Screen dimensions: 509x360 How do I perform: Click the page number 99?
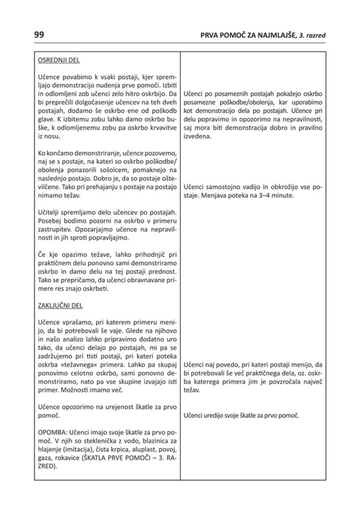[x=39, y=35]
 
